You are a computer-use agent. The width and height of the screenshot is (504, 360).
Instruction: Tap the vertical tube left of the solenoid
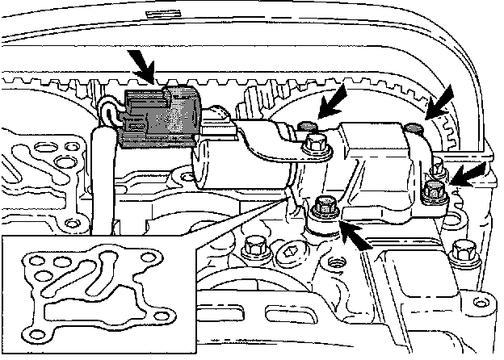(x=103, y=178)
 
